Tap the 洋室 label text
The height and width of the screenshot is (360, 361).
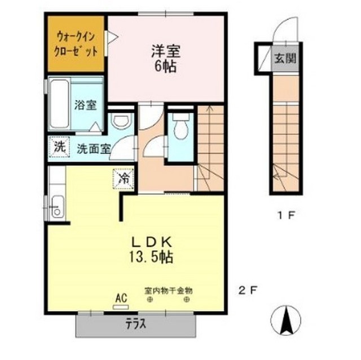(165, 51)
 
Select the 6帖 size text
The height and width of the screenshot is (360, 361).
(165, 66)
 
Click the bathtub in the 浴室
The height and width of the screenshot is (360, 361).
(59, 104)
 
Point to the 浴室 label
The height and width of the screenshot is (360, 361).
(86, 104)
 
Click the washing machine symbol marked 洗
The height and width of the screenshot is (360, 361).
(58, 148)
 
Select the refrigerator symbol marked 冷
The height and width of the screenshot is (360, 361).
(124, 179)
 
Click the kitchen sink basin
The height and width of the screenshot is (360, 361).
(56, 208)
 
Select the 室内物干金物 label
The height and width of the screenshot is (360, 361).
(169, 291)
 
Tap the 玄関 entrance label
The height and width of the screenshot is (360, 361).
(284, 58)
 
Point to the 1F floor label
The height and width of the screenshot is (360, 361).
(284, 214)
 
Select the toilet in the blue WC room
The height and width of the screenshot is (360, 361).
(180, 128)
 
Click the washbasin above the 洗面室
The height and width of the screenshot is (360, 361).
(121, 120)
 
